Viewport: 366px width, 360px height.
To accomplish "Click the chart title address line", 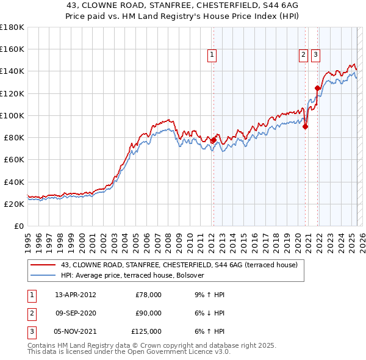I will coord(182,5).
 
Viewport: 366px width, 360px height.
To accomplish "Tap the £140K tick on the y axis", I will coord(12,71).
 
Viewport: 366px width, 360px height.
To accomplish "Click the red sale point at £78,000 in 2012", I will coord(213,140).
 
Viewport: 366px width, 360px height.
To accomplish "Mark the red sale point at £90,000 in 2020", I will coord(305,127).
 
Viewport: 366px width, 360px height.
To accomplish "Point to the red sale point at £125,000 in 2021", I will coord(317,88).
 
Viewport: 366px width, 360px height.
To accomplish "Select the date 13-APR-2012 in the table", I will coord(75,295).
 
